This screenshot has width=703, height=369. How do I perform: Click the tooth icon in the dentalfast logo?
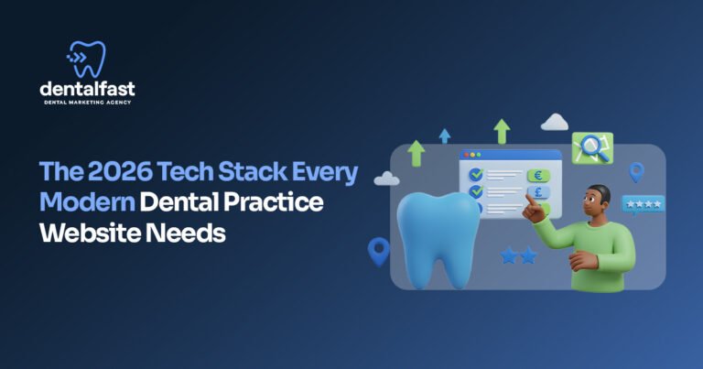click(88, 59)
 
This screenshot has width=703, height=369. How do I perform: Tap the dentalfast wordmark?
click(88, 89)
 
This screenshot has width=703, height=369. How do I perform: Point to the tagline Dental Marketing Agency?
click(88, 103)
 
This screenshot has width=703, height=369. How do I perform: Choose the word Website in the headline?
click(90, 232)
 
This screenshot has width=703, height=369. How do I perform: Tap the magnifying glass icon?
click(592, 146)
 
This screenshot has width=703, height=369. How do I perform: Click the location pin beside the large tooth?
click(378, 249)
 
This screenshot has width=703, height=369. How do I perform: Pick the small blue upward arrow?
click(445, 136)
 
